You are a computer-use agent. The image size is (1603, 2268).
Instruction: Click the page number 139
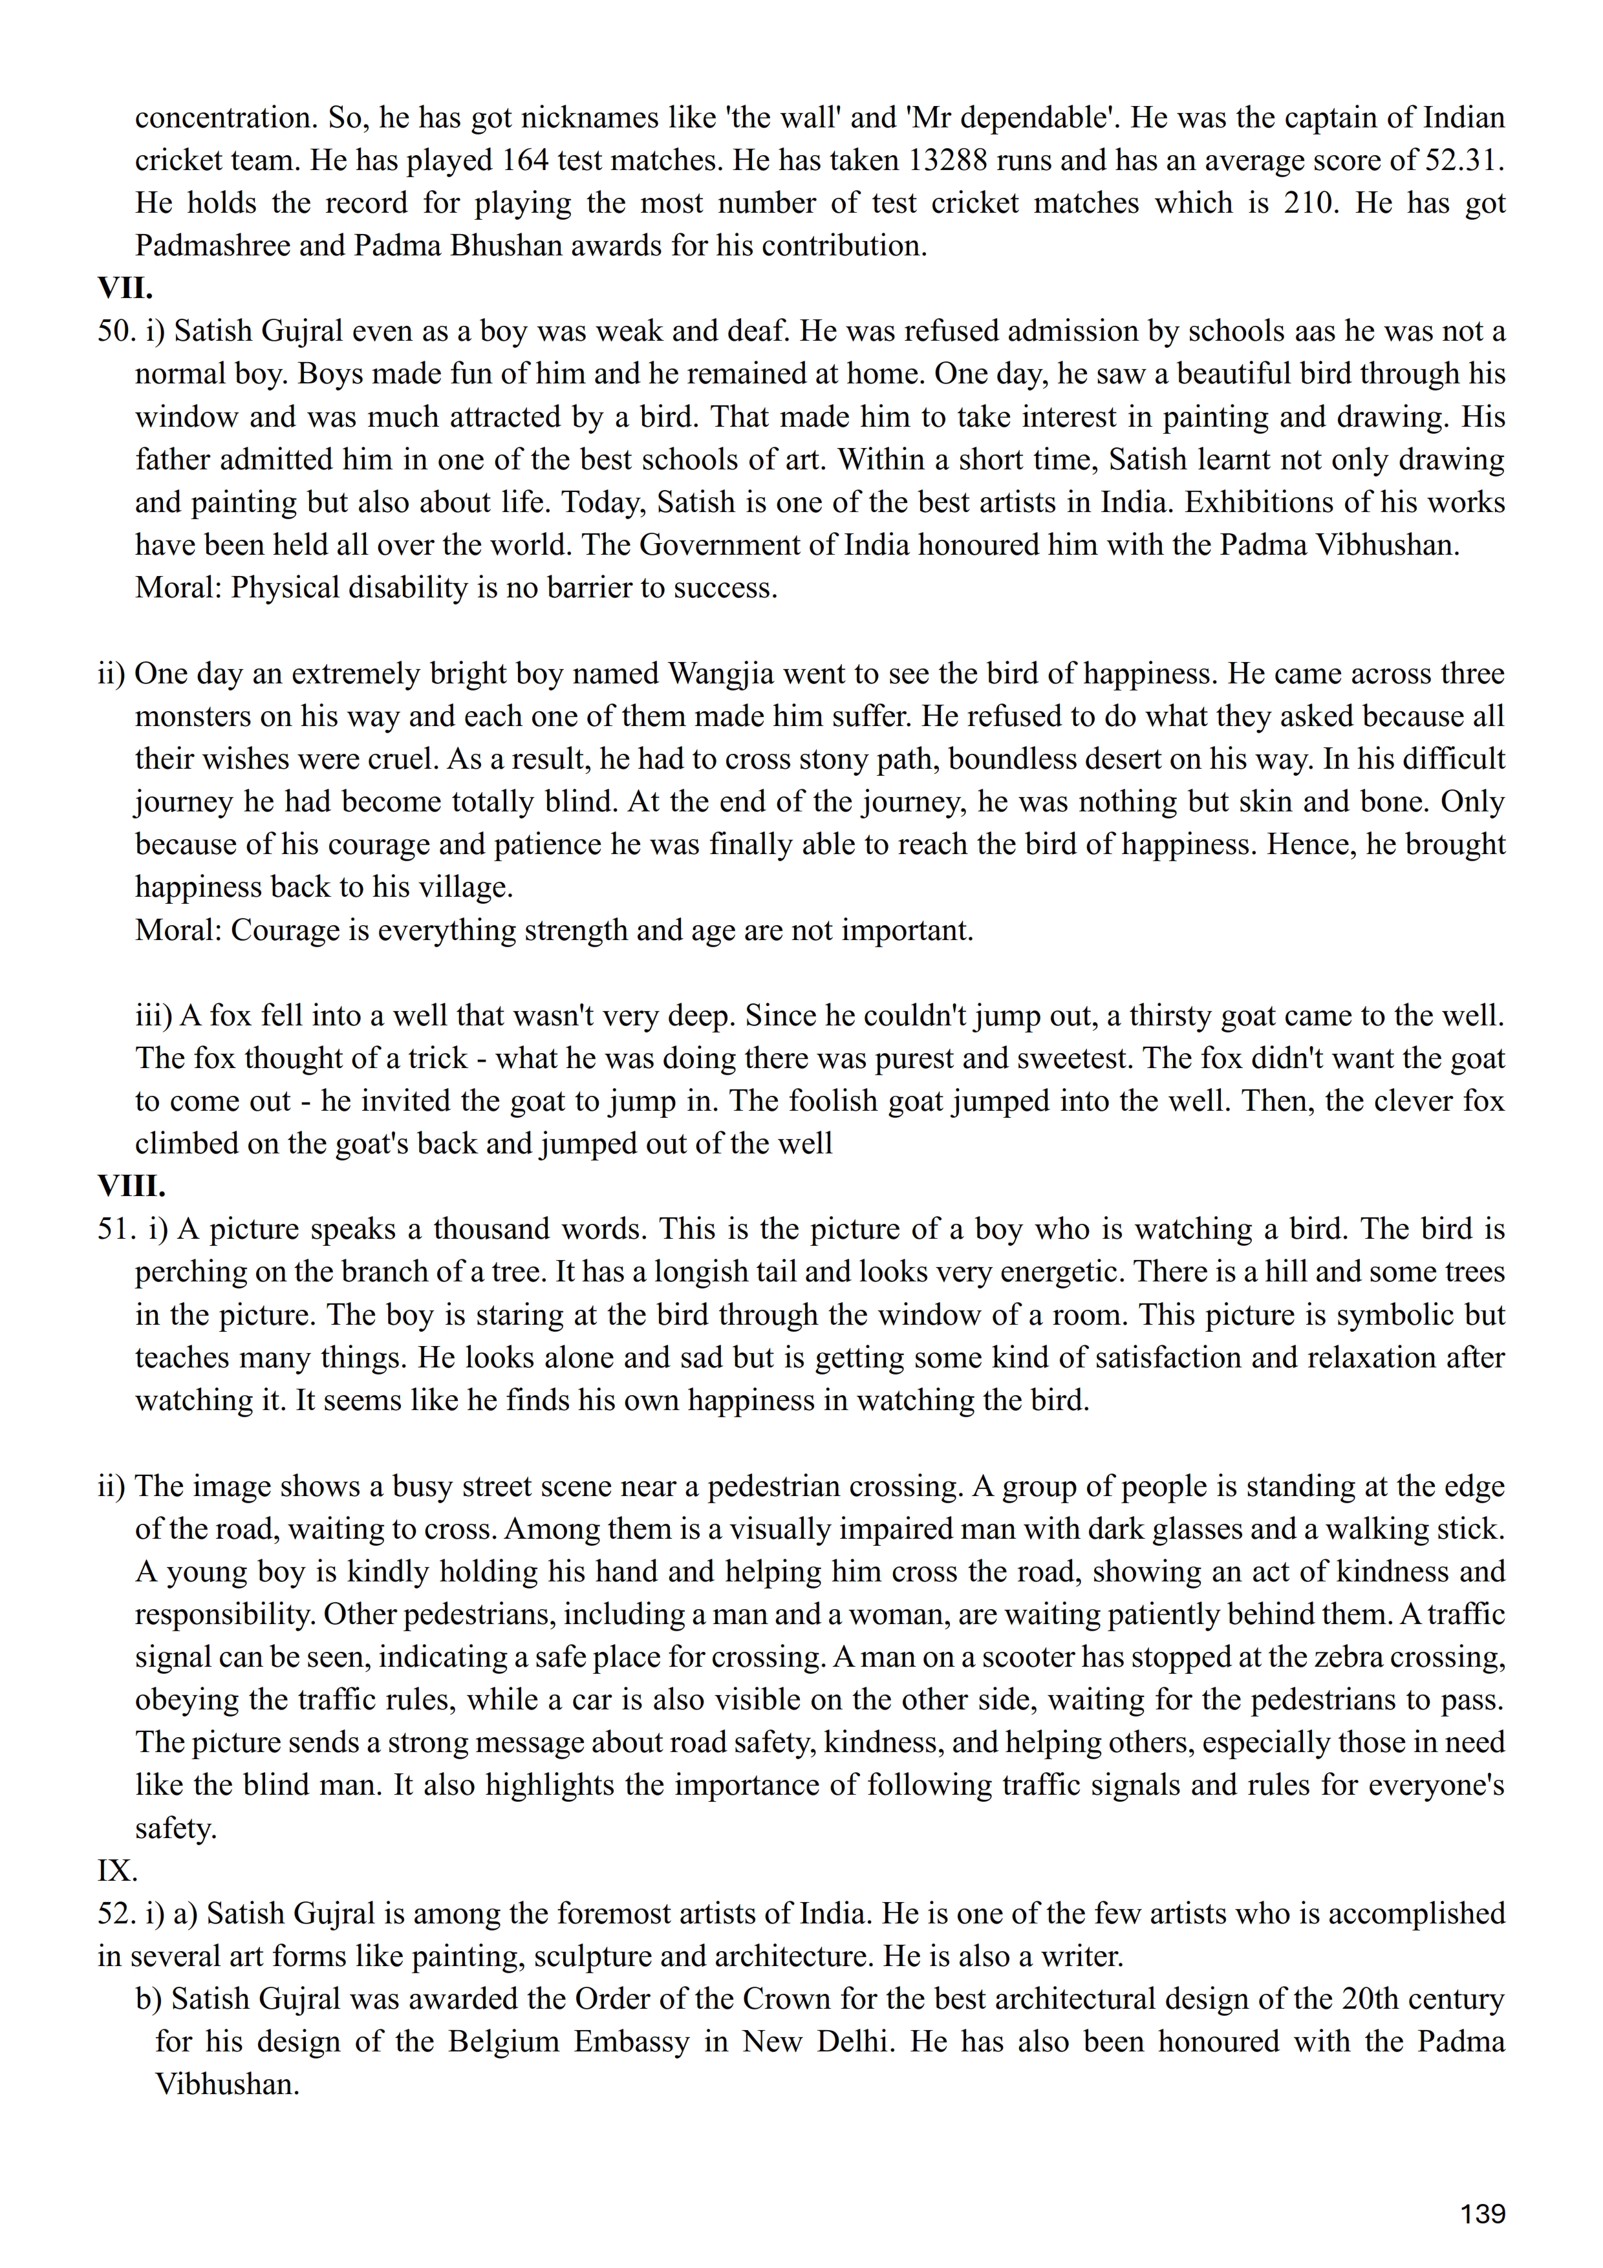coord(1483,2214)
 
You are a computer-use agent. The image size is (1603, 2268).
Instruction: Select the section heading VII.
coord(124,288)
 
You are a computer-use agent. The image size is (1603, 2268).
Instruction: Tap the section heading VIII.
coord(131,1185)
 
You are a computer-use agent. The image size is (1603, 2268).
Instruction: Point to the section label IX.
coord(118,1870)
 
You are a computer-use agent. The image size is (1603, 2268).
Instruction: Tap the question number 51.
coord(116,1229)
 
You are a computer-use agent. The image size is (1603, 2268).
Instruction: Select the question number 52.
coord(116,1913)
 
